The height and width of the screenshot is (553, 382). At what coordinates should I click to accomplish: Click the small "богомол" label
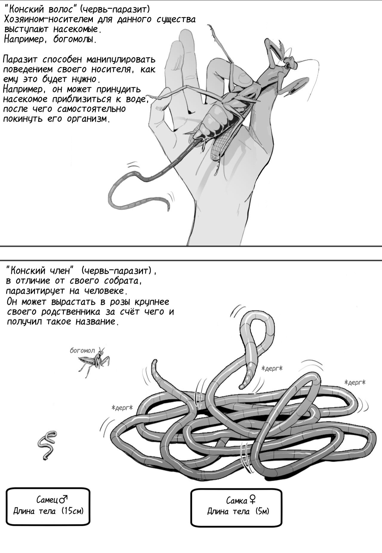click(x=82, y=350)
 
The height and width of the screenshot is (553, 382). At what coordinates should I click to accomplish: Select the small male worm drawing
click(x=47, y=445)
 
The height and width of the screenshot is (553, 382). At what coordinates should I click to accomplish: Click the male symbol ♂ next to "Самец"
click(x=63, y=498)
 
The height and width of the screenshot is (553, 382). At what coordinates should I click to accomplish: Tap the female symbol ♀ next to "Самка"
click(x=252, y=499)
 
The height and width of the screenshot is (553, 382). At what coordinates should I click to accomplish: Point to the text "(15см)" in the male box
click(x=73, y=511)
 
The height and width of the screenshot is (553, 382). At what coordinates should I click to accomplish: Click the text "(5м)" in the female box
click(x=262, y=511)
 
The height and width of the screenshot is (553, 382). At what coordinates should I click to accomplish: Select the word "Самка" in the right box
click(x=237, y=500)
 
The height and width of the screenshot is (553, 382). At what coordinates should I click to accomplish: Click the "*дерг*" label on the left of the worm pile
click(x=122, y=408)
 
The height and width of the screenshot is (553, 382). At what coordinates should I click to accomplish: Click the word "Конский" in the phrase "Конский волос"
click(x=25, y=10)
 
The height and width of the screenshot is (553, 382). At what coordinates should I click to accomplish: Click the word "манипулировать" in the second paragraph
click(x=121, y=59)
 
